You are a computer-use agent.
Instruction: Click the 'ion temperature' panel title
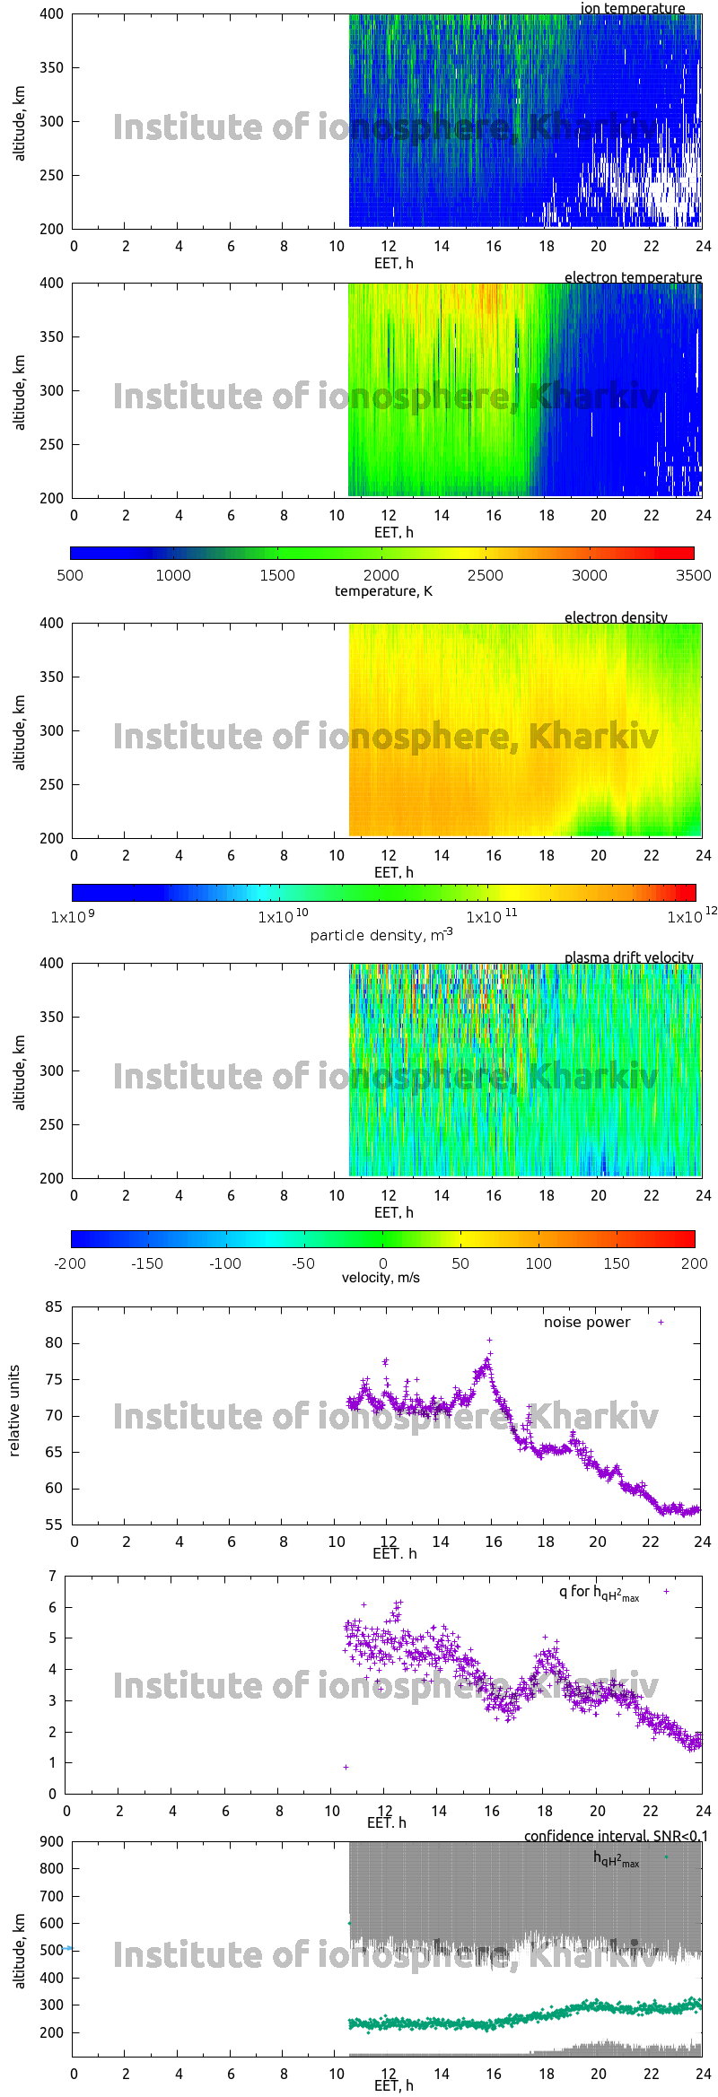tap(632, 8)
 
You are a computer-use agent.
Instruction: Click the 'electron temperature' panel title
tap(633, 277)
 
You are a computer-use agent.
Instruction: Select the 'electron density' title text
tap(616, 617)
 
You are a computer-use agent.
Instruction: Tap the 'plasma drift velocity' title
tap(628, 957)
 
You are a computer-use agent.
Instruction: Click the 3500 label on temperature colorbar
tap(693, 575)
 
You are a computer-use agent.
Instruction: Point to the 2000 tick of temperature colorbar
tap(381, 575)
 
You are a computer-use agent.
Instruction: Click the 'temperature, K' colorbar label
tap(383, 591)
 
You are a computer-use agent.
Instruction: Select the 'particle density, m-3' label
tap(381, 935)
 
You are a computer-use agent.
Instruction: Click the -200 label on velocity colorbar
tap(70, 1263)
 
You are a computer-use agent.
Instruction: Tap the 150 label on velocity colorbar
tap(617, 1263)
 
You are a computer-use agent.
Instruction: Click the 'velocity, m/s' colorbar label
tap(381, 1278)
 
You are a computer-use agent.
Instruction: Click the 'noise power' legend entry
tap(587, 1323)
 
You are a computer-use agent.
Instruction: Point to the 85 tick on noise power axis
tap(54, 1307)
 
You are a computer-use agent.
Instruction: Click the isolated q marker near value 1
tap(346, 1767)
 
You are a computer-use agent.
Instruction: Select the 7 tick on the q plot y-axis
tap(53, 1576)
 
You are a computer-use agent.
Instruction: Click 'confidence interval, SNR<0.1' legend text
tap(616, 1836)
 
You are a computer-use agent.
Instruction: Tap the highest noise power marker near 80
tap(489, 1340)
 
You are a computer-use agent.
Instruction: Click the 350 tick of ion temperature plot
tap(52, 67)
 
